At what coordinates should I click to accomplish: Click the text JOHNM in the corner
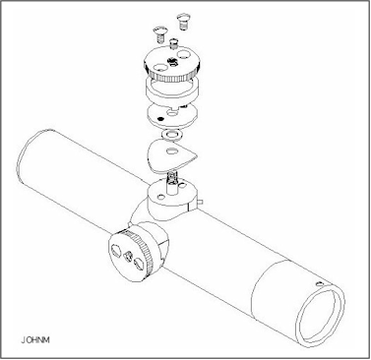click(x=35, y=339)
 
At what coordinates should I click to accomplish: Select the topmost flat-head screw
click(x=183, y=21)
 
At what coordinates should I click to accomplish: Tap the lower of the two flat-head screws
click(x=160, y=34)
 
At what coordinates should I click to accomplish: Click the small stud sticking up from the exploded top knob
click(x=173, y=42)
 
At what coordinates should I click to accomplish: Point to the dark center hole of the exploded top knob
click(x=172, y=61)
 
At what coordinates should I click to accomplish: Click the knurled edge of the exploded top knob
click(x=171, y=78)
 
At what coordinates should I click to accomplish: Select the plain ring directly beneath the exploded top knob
click(x=171, y=90)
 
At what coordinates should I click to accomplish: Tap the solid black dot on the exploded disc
click(x=160, y=119)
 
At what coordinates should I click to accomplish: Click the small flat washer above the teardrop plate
click(x=172, y=134)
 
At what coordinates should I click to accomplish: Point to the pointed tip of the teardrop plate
click(x=198, y=156)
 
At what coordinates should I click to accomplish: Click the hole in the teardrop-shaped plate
click(x=171, y=151)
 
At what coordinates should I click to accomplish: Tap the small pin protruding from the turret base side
click(x=200, y=203)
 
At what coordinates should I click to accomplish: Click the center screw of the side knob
click(x=129, y=255)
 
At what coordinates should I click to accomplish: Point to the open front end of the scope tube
click(x=320, y=314)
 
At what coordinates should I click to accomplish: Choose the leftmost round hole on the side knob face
click(x=116, y=252)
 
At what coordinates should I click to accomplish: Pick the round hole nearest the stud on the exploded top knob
click(x=183, y=52)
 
